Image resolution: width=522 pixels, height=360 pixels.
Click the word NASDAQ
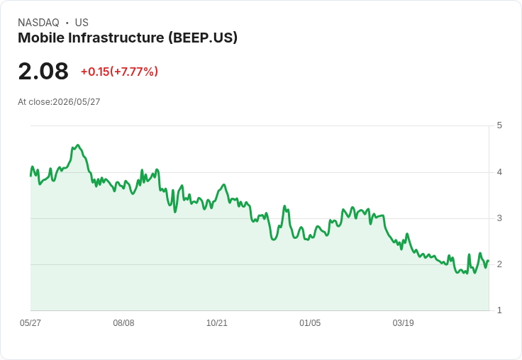point(38,23)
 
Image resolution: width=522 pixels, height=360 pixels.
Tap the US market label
point(82,23)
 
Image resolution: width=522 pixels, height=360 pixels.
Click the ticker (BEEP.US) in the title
point(203,38)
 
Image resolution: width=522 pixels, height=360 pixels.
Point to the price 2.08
point(43,71)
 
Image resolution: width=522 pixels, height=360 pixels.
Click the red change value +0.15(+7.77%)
point(119,72)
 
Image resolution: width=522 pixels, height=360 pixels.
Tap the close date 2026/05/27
point(76,102)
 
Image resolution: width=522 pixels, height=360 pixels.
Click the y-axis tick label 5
point(499,125)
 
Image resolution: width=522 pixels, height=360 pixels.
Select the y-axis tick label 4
point(499,172)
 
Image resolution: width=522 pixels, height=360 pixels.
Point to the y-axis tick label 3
point(499,218)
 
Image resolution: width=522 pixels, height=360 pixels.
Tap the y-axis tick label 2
point(499,264)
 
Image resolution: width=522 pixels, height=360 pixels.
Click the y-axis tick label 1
point(499,310)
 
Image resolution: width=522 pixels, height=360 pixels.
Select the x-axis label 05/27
point(30,322)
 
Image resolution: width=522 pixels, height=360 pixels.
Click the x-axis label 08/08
point(123,322)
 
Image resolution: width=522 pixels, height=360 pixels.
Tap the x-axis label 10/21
point(217,322)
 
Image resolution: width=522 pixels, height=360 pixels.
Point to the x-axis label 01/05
point(310,322)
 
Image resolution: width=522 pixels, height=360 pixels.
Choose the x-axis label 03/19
point(403,322)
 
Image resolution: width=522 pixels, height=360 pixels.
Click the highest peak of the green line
point(78,145)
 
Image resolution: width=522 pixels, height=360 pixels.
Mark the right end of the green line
point(489,261)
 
